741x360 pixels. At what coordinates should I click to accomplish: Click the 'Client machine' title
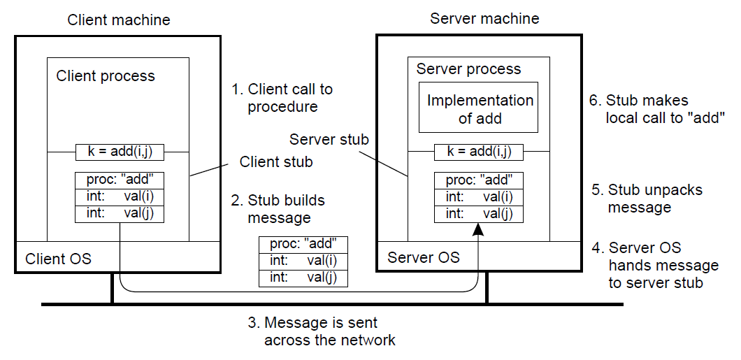(118, 20)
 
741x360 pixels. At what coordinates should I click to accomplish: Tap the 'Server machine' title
(484, 18)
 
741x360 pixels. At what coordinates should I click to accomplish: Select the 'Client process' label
(106, 75)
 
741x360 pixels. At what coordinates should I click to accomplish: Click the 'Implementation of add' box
(480, 108)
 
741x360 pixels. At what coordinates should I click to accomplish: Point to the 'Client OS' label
(58, 259)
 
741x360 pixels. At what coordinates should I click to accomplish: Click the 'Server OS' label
(424, 257)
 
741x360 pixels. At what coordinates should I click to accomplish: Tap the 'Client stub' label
(275, 162)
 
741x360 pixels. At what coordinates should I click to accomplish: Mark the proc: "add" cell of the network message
(303, 244)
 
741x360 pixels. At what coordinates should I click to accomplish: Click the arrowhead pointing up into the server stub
(478, 229)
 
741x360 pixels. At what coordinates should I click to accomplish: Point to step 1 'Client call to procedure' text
(282, 98)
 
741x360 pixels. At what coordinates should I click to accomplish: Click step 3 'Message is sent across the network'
(321, 331)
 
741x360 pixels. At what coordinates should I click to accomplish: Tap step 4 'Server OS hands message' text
(654, 265)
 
